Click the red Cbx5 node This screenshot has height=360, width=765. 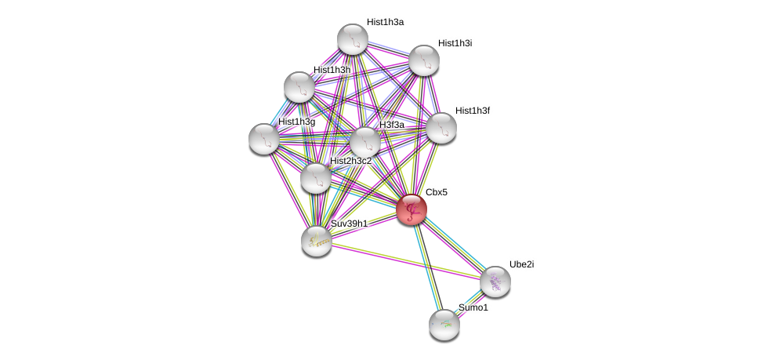411,209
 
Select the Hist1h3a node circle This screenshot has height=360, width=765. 353,39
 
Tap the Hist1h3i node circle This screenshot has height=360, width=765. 424,60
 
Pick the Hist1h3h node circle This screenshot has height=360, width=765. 299,87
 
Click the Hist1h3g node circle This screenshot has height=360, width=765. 264,139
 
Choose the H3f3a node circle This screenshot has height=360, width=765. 364,142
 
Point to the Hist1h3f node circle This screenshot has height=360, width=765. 441,128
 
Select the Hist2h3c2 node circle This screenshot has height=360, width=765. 315,178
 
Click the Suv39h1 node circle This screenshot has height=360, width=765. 317,240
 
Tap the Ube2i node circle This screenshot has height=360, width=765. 495,282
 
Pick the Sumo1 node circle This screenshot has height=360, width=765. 444,324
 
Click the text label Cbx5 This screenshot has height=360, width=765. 436,192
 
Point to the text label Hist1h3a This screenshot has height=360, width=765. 385,22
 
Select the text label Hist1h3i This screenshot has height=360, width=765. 455,43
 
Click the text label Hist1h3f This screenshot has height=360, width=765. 472,111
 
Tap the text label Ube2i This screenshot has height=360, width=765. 521,264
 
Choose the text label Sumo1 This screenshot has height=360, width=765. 473,307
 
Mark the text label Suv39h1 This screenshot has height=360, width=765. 349,224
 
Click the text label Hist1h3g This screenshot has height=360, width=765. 296,122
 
